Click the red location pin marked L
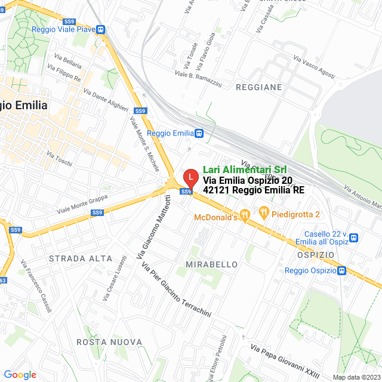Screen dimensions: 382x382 190,177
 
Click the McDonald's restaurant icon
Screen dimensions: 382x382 245,215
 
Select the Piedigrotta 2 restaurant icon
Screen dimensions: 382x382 264,211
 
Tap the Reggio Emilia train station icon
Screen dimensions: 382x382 198,133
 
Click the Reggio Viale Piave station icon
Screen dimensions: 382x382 101,29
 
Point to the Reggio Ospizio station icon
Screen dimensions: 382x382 341,270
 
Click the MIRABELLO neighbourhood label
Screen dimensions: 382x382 212,264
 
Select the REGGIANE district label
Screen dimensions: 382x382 259,87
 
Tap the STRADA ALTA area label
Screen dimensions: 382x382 81,258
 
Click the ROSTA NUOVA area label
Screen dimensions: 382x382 109,342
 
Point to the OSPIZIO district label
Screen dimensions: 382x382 314,255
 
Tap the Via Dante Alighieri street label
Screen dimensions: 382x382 106,100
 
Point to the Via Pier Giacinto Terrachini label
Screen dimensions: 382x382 176,289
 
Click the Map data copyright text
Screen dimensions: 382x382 356,377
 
